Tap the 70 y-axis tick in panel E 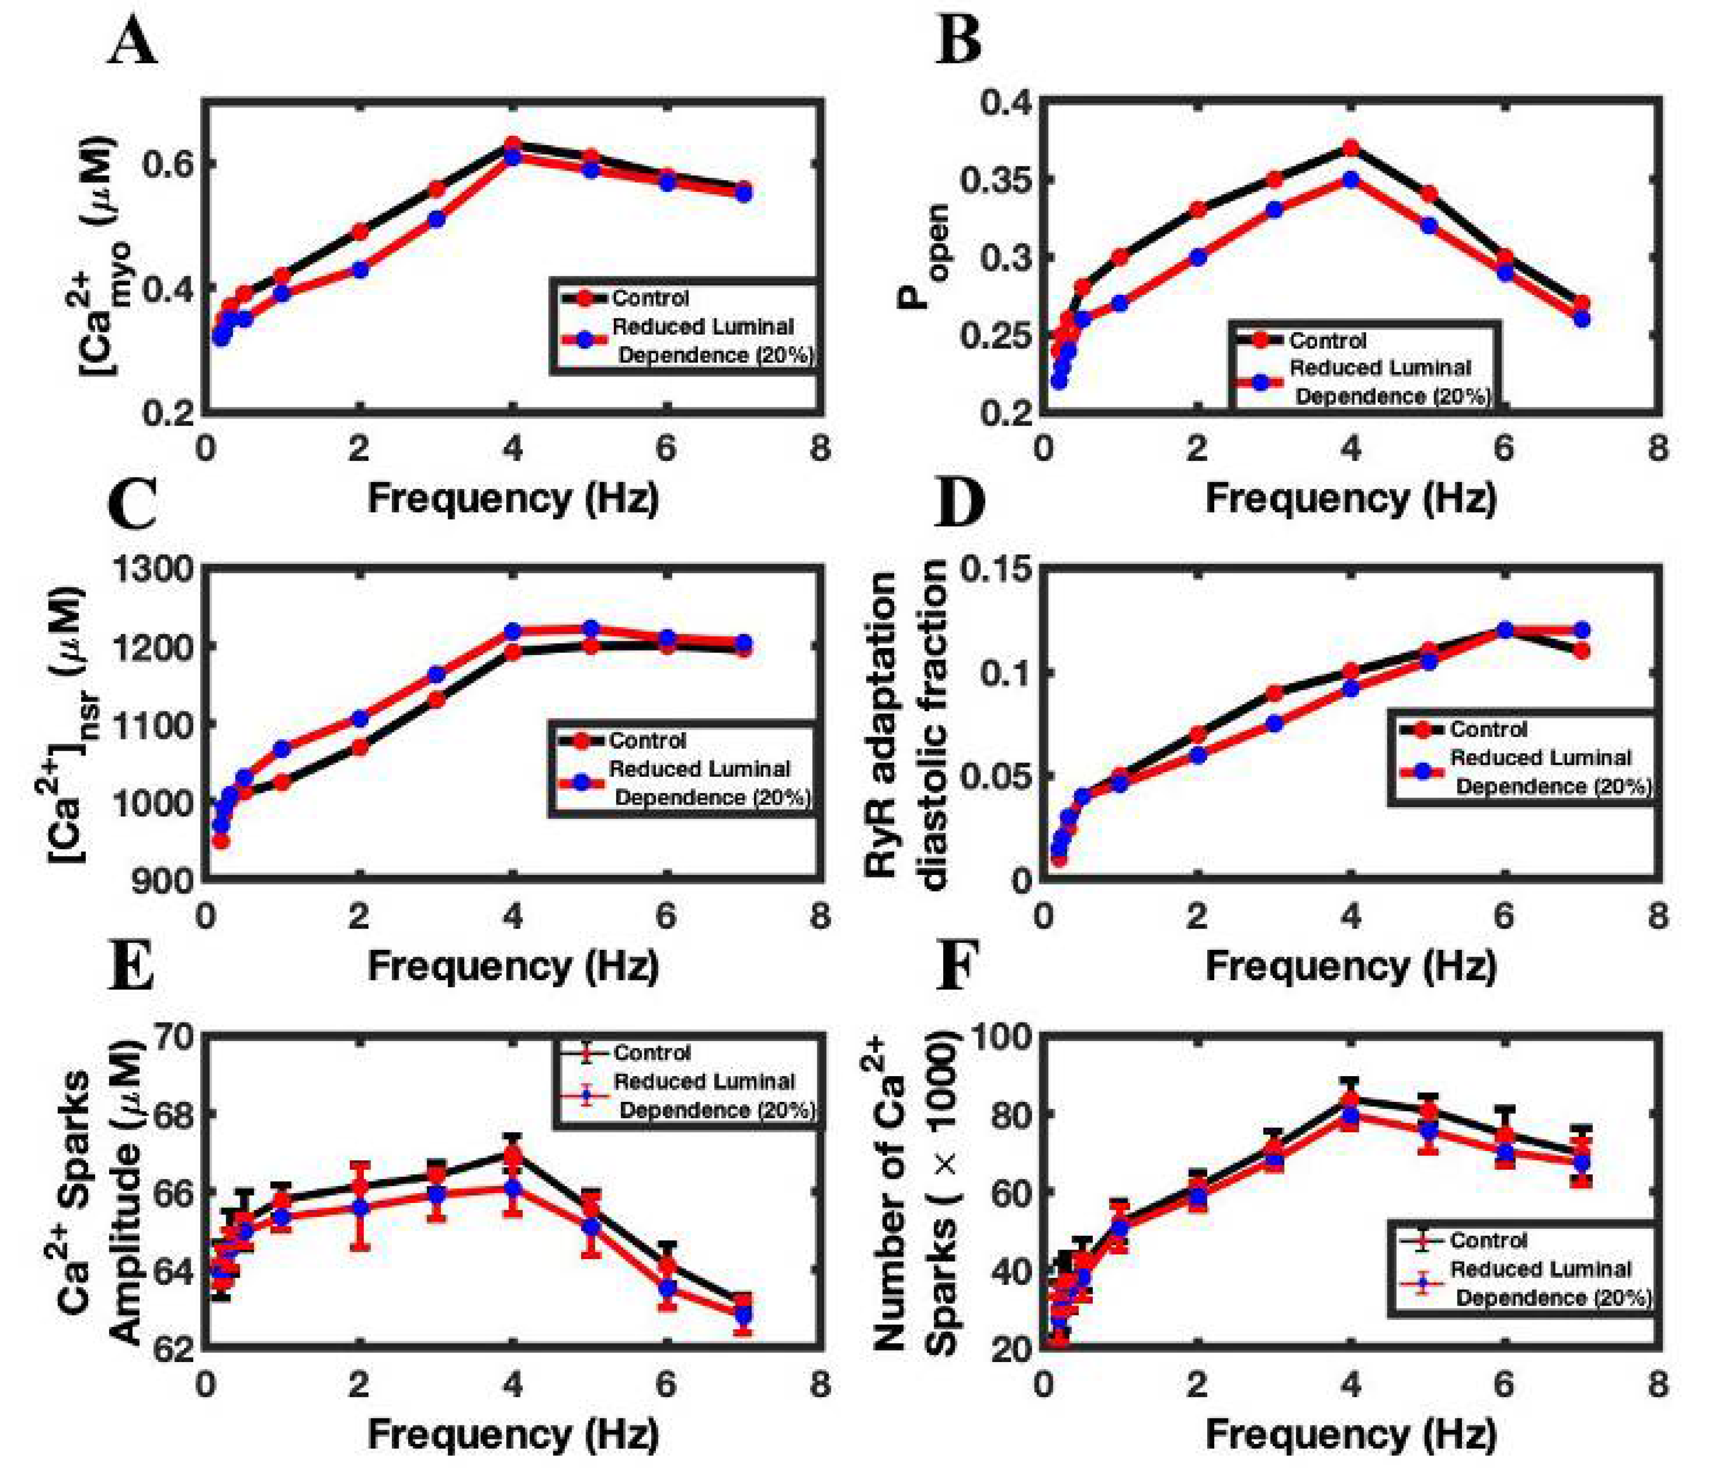(x=179, y=1036)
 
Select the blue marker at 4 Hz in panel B (x=1350, y=179)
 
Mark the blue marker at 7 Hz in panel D (x=1581, y=630)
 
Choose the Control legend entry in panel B (x=1328, y=340)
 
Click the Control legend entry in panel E (x=651, y=1052)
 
